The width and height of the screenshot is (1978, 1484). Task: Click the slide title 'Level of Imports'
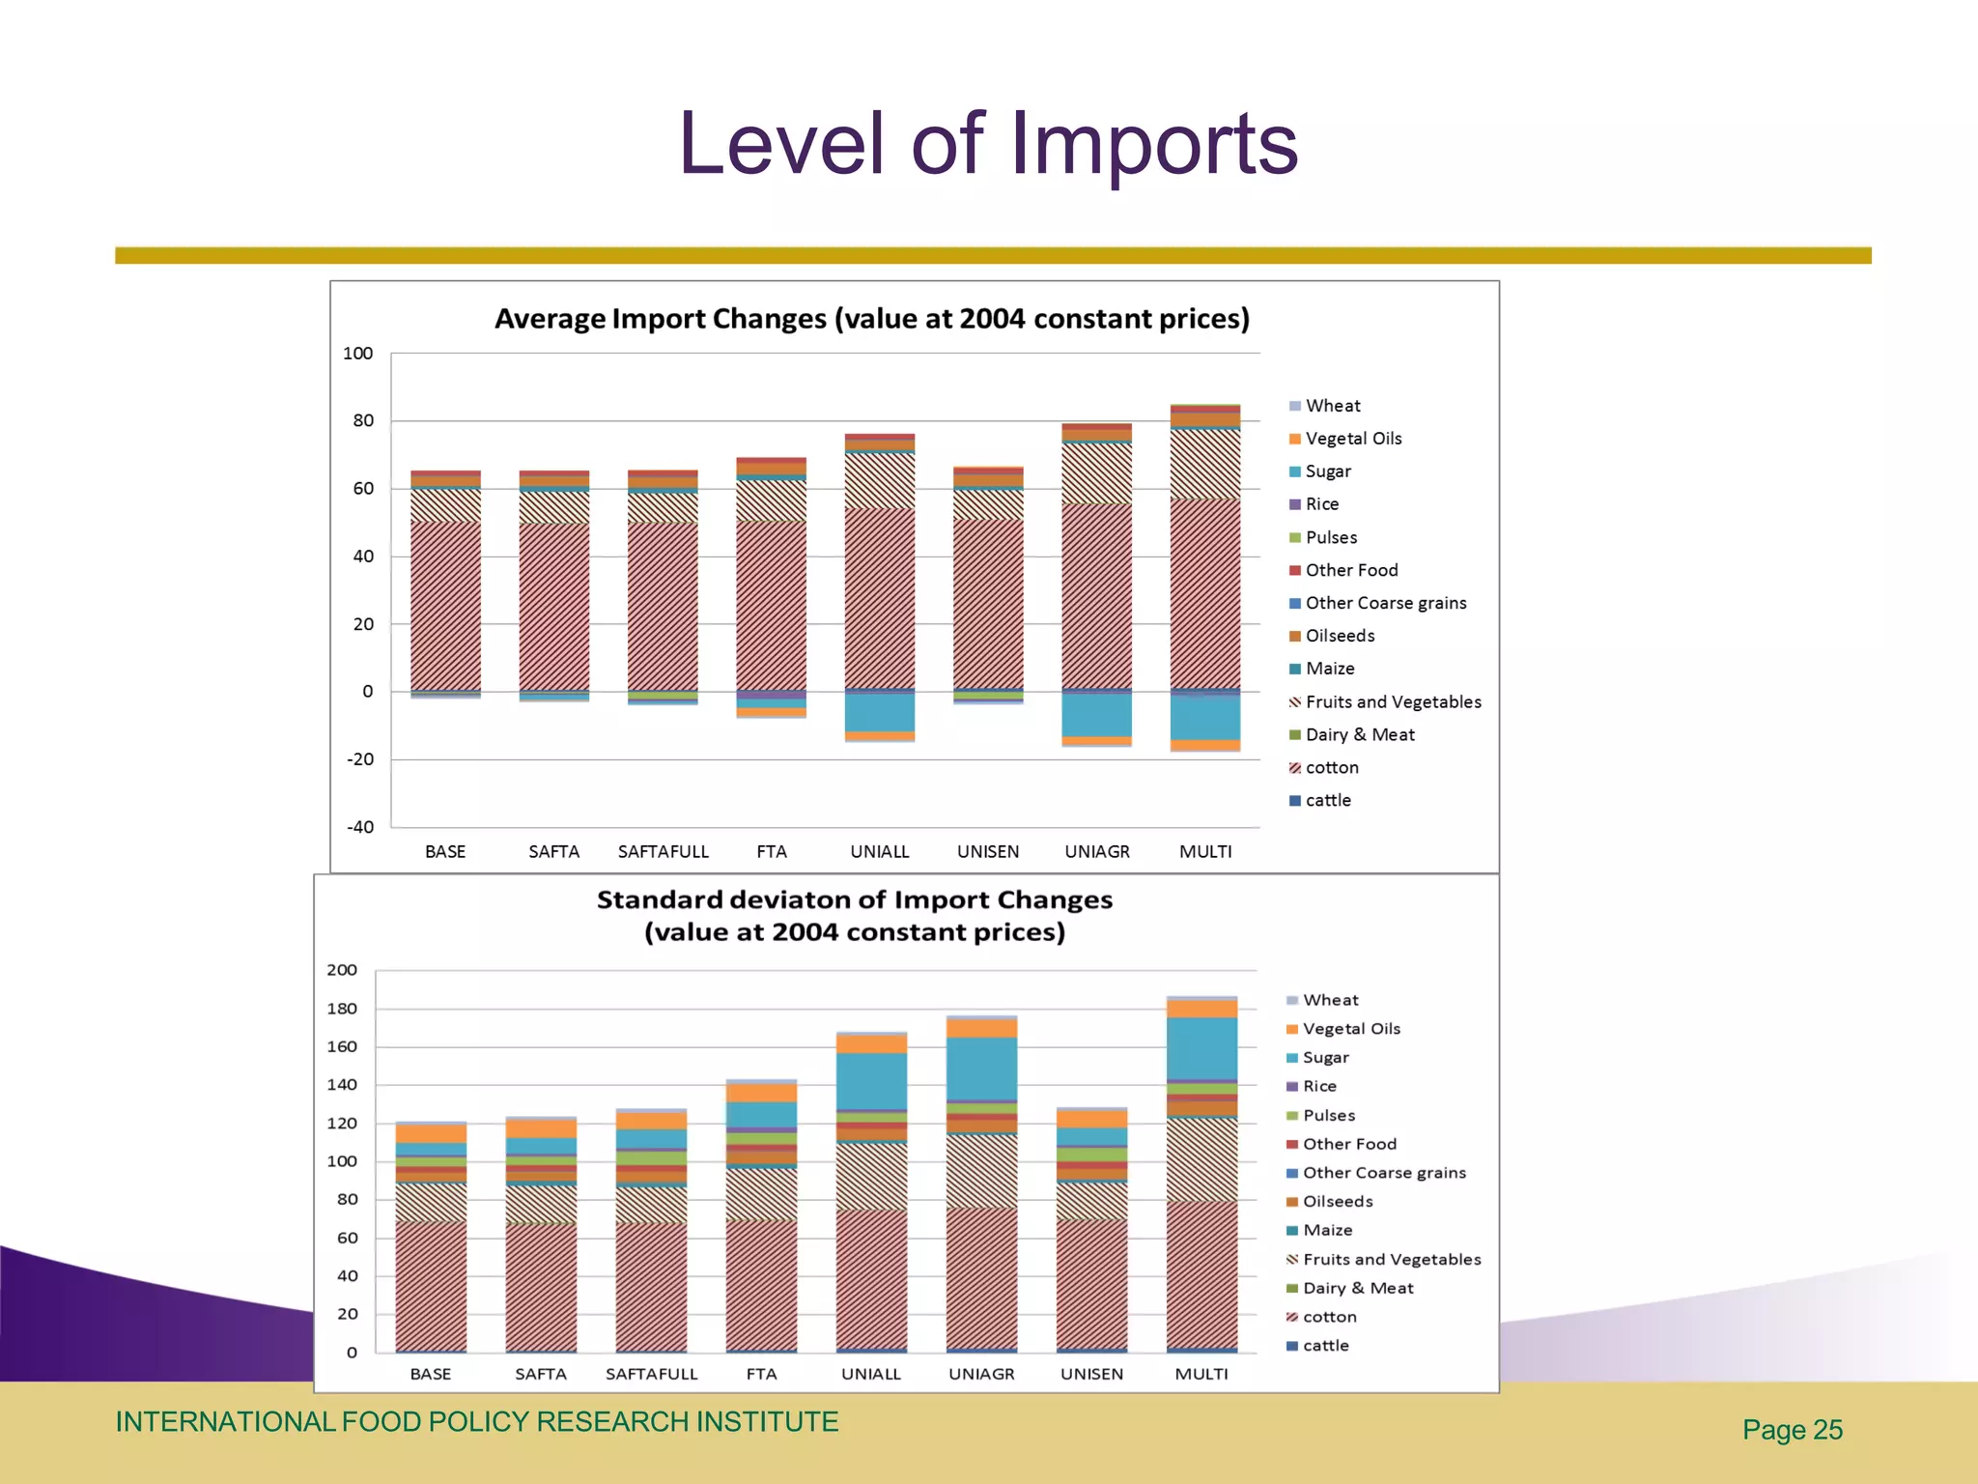987,145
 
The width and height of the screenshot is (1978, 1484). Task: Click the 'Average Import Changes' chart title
871,319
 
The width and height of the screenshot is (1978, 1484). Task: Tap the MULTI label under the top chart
1204,851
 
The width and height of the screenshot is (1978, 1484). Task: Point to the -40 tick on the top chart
360,827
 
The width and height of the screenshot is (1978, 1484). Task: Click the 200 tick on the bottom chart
342,970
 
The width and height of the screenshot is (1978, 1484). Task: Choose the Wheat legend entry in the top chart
1332,406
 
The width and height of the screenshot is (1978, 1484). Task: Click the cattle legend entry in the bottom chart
1325,1345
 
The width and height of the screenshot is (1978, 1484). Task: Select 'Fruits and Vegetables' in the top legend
1392,701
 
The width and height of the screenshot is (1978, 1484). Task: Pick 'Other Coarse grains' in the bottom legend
1383,1172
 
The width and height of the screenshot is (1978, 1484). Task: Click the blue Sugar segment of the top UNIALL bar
879,712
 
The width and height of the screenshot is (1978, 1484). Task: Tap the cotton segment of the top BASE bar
445,604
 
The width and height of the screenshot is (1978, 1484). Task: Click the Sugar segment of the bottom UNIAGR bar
981,1068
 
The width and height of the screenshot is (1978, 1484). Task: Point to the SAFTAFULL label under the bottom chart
651,1374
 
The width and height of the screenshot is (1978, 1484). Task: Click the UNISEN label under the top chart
987,851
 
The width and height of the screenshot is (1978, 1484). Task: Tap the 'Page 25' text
1792,1430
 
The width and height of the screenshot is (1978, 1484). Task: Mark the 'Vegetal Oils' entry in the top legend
1352,439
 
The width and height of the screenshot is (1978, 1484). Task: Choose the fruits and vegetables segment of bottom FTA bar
761,1194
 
